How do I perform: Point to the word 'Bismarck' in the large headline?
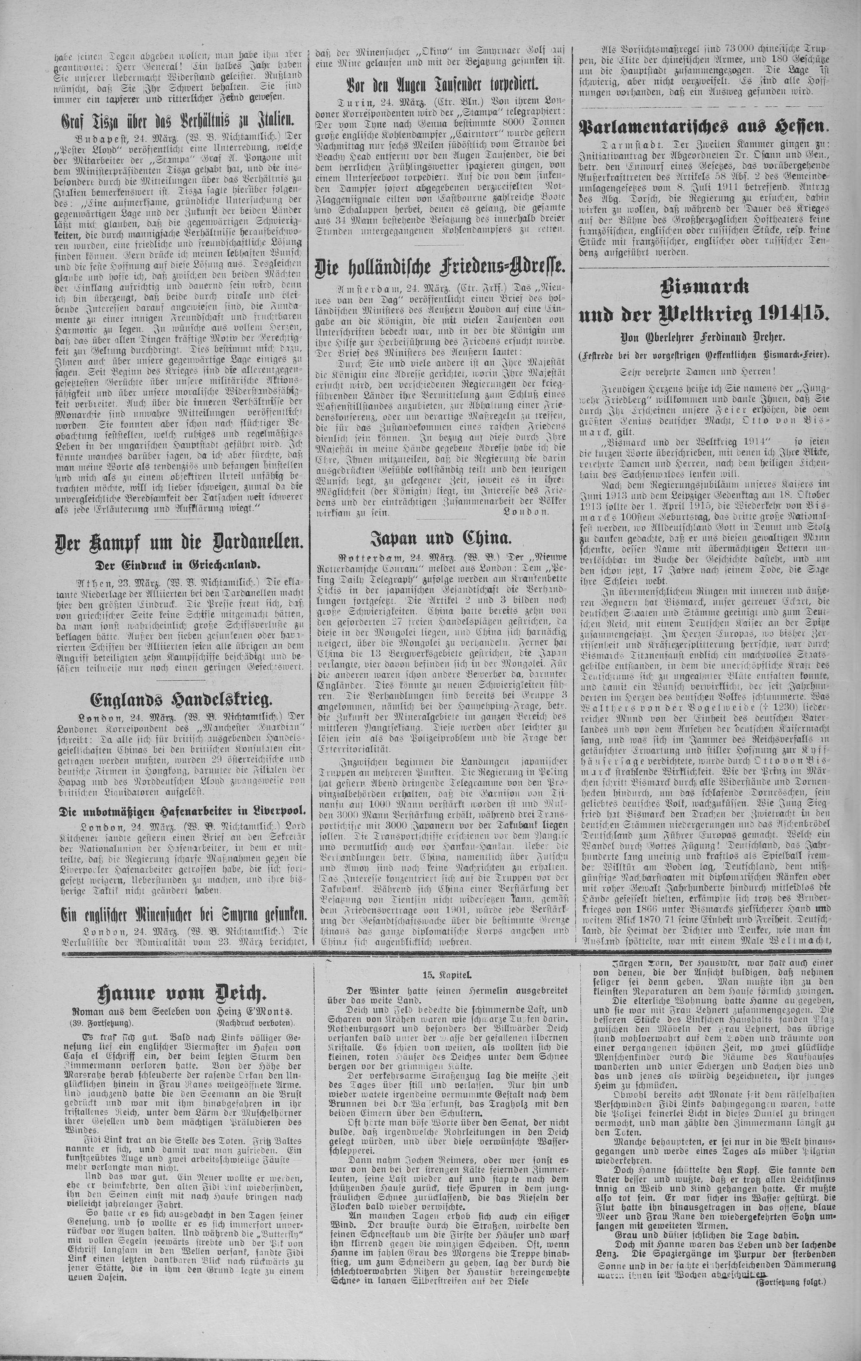pyautogui.click(x=704, y=288)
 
